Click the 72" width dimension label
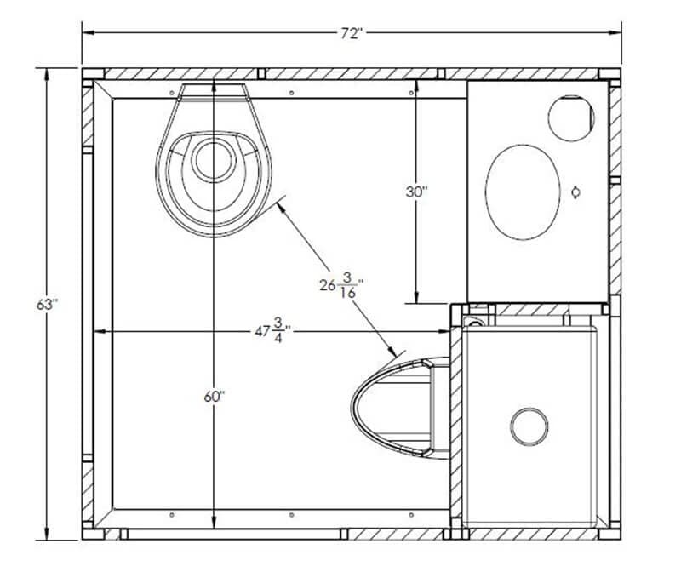click(352, 34)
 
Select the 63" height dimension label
click(47, 305)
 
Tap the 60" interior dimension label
click(215, 396)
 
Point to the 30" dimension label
click(416, 192)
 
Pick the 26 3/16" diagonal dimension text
click(341, 285)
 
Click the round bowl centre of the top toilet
click(214, 160)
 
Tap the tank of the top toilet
click(215, 92)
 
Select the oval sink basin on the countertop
click(523, 192)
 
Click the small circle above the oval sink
click(570, 118)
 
